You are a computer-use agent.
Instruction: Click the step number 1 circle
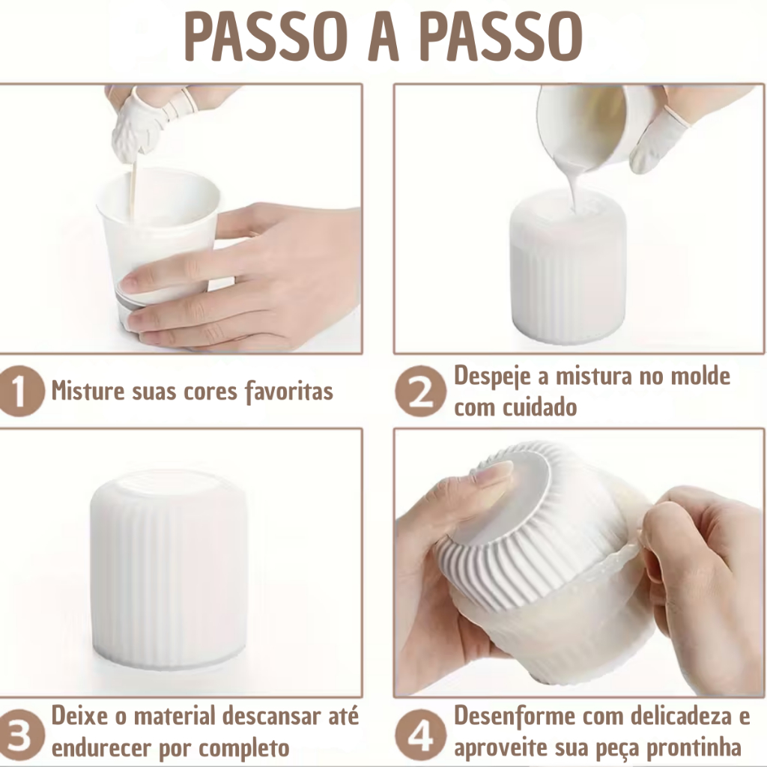point(19,390)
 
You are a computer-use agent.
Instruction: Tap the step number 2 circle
point(420,391)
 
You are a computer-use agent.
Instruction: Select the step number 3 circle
point(19,736)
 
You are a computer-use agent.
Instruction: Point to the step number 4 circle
point(420,736)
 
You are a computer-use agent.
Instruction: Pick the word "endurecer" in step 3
point(98,748)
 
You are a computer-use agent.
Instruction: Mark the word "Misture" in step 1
point(88,392)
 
